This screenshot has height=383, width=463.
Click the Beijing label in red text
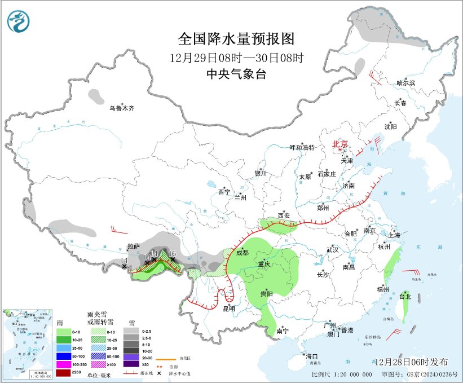[340, 144]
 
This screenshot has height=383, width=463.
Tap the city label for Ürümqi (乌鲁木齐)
[122, 108]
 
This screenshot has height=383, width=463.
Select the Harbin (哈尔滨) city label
[405, 83]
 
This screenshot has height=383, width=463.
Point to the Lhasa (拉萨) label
[133, 247]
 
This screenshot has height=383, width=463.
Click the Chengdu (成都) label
[242, 252]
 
